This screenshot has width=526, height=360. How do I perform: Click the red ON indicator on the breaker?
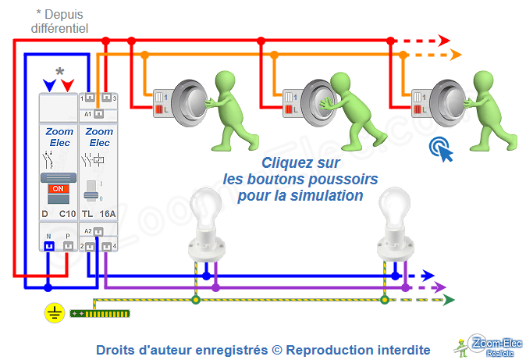(x=57, y=189)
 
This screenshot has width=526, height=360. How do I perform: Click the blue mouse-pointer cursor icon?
(x=442, y=149)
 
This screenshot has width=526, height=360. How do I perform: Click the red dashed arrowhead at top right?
(x=444, y=40)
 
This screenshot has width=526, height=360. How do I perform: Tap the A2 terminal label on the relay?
(x=87, y=230)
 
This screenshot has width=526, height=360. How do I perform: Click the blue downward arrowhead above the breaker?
(x=50, y=84)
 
